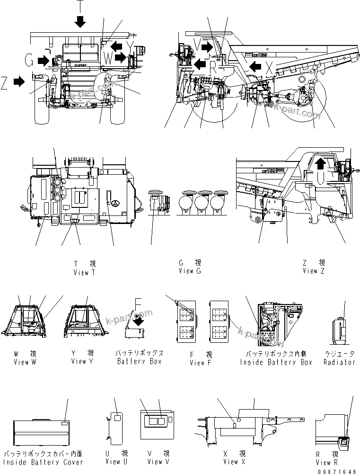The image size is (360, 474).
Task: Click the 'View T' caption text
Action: click(x=84, y=272)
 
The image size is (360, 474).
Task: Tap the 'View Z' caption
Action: click(x=314, y=271)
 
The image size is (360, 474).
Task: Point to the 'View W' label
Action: click(x=25, y=362)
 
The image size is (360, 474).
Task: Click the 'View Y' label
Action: click(x=82, y=361)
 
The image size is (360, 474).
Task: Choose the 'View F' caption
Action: click(x=200, y=363)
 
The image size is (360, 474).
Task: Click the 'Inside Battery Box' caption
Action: click(x=276, y=362)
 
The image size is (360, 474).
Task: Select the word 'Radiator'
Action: click(x=339, y=362)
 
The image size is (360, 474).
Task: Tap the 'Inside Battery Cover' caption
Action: click(x=43, y=462)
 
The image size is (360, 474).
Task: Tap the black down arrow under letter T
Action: click(x=80, y=21)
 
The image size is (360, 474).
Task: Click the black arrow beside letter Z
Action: click(x=19, y=82)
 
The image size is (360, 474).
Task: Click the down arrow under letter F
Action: click(x=140, y=322)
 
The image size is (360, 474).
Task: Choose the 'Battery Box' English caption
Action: click(x=140, y=362)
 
